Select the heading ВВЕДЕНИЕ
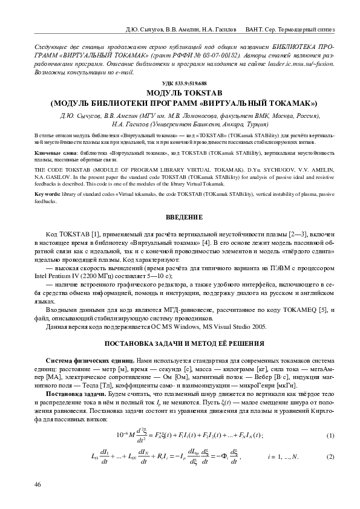[180, 216]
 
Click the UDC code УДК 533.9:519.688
[180, 83]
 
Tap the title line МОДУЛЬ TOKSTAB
[180, 92]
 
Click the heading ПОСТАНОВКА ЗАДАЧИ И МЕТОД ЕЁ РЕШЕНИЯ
[180, 343]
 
